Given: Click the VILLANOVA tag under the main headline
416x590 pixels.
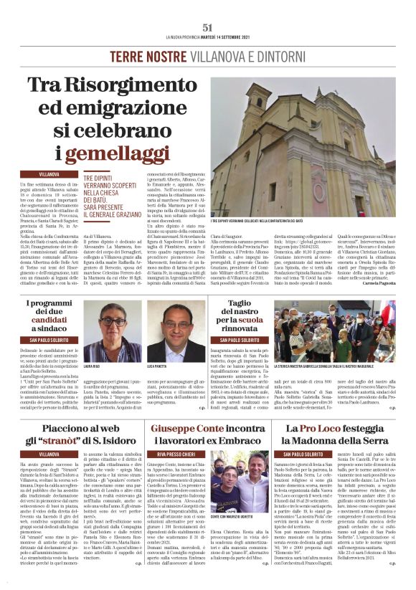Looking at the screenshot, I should coord(49,174).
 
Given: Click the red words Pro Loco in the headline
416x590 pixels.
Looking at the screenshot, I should coord(326,428).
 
